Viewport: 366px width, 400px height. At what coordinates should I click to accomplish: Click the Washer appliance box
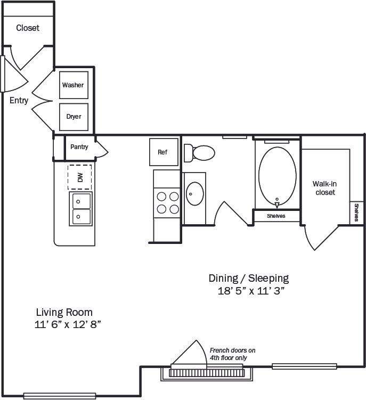(73, 85)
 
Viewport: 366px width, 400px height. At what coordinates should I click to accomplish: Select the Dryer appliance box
(74, 117)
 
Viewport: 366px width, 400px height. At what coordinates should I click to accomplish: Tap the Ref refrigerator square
(162, 152)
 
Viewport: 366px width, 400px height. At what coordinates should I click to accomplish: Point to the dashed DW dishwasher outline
(80, 177)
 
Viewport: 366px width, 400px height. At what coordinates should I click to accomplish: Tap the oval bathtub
(277, 174)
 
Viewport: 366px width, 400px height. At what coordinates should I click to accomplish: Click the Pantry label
(79, 147)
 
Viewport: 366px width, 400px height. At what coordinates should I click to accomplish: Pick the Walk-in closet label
(324, 187)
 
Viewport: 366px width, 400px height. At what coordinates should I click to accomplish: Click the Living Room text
(64, 312)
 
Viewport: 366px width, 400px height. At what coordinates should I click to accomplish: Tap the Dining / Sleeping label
(248, 278)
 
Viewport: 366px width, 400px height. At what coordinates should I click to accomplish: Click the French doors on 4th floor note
(232, 354)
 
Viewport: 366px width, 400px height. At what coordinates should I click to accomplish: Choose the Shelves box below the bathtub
(276, 216)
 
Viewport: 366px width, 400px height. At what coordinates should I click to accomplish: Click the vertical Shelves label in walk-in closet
(357, 213)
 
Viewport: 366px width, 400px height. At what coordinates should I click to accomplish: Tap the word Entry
(19, 101)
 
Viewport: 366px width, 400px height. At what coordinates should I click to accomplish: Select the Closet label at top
(28, 28)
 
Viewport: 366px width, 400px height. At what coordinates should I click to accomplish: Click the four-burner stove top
(167, 202)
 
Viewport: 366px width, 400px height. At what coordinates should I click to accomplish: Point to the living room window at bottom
(55, 395)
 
